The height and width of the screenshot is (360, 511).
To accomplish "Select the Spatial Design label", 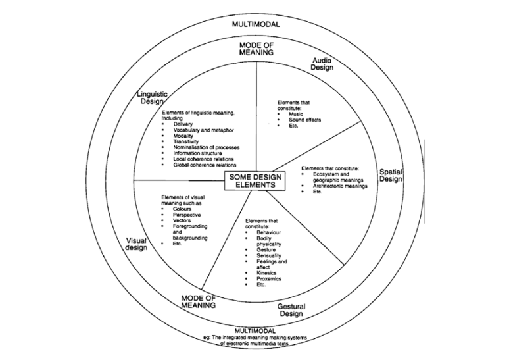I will click(x=391, y=176).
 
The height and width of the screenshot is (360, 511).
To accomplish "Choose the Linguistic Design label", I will click(x=153, y=97).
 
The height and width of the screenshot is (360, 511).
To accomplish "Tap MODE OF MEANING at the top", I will click(x=256, y=48).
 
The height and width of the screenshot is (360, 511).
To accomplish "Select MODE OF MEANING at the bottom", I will click(x=200, y=302).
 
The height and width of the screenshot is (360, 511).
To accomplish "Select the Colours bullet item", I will click(x=182, y=209).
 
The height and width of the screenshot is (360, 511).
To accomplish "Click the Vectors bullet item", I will click(x=182, y=220).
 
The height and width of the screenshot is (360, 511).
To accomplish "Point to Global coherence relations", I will click(x=205, y=165).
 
